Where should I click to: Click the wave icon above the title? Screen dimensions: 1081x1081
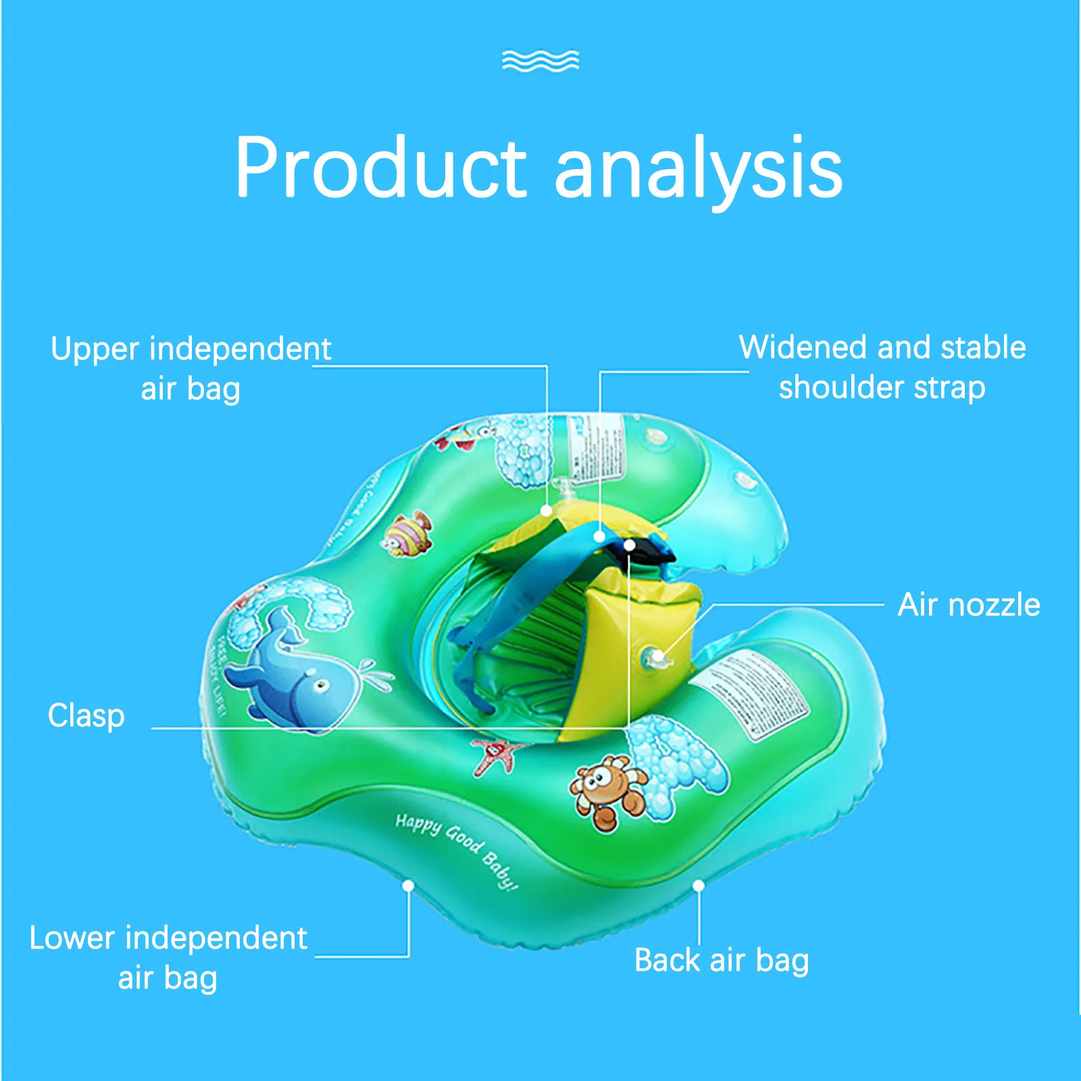pos(540,61)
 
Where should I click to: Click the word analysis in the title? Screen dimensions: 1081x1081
pos(699,169)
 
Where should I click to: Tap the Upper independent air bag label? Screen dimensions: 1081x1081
pos(191,368)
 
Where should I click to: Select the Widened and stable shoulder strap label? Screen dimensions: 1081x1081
pos(882,367)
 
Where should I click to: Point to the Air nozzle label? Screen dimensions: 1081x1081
pos(968,605)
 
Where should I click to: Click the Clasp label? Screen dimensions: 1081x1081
pos(86,715)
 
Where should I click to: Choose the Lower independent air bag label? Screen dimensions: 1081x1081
pos(168,957)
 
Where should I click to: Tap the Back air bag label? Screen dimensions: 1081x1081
pos(722,960)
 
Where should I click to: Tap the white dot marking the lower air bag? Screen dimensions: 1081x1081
pos(408,885)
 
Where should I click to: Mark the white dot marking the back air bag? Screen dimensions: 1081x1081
pos(699,885)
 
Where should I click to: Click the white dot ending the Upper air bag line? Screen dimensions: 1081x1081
pos(547,511)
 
